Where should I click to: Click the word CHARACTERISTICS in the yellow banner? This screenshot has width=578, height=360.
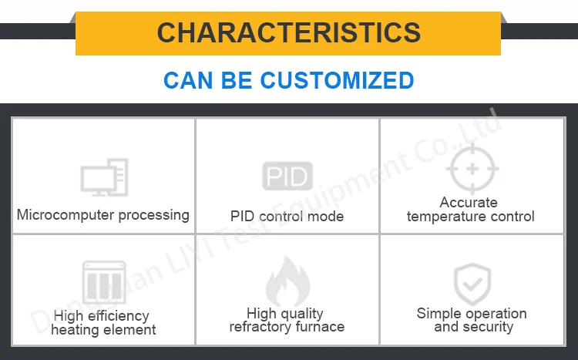[x=288, y=32]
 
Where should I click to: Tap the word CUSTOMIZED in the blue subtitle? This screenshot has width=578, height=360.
[x=337, y=80]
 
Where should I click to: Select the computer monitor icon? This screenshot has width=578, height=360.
[x=104, y=177]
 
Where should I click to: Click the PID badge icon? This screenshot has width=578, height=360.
[x=287, y=177]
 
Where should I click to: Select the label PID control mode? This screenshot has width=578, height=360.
[x=287, y=217]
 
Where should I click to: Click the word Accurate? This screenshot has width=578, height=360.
[x=469, y=203]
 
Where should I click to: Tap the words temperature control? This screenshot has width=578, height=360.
[x=470, y=217]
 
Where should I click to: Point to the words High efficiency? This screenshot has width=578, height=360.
[x=101, y=316]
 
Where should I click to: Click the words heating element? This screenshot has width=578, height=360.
[x=103, y=330]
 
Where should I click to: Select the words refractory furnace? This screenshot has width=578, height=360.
[x=287, y=327]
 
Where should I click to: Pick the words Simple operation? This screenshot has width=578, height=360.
[x=472, y=314]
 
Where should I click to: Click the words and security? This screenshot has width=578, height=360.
[x=473, y=327]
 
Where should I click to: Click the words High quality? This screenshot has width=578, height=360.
[x=284, y=313]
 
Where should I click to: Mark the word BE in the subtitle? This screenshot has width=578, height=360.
[x=237, y=80]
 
